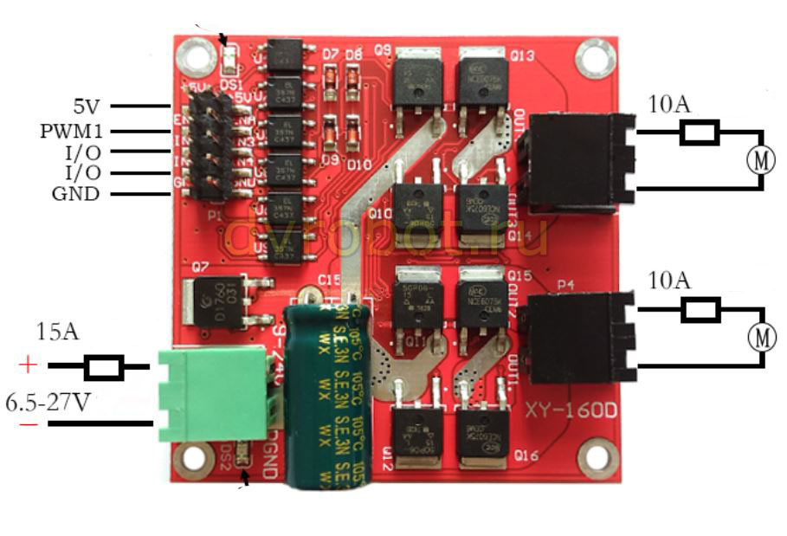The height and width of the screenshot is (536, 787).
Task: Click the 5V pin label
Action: coord(86,107)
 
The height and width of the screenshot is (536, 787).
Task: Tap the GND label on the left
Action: coord(75,194)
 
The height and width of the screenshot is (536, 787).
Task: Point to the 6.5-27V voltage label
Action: coord(49,403)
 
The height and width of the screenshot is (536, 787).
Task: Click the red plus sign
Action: coord(28,365)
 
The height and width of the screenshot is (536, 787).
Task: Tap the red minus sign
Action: coord(28,424)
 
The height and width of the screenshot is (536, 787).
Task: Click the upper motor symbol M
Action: coord(763,160)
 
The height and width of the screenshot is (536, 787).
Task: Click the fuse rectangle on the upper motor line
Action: coord(700,132)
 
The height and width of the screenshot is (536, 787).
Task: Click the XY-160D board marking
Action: coord(570,410)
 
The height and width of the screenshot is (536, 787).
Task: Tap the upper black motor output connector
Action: coord(571,162)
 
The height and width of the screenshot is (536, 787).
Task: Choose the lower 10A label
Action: coord(668,281)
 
